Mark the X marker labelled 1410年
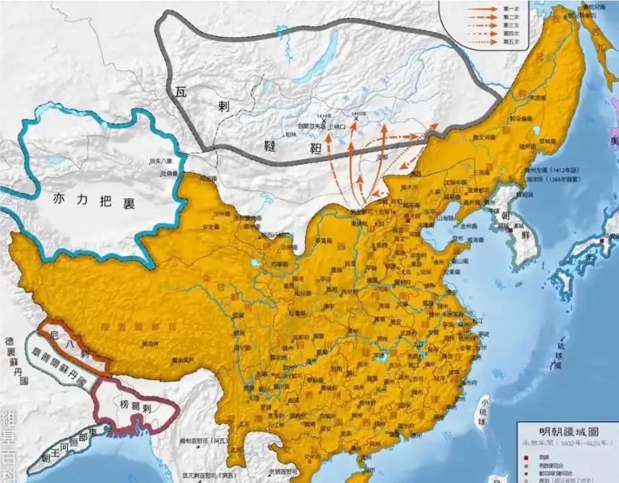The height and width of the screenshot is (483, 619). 356,119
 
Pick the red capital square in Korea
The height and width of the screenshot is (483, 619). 511,232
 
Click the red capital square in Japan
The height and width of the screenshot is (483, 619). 601,241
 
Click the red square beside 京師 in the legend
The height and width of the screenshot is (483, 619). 526,456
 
